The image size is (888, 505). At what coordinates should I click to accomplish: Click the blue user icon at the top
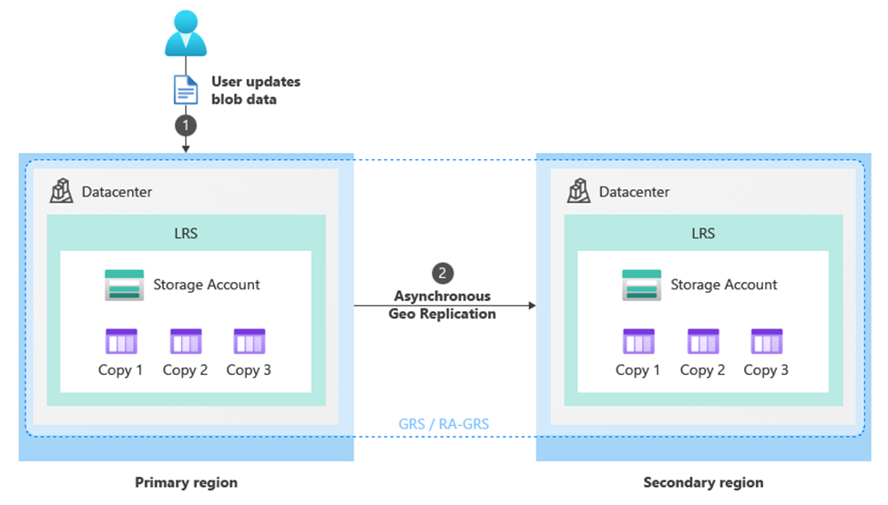pyautogui.click(x=186, y=34)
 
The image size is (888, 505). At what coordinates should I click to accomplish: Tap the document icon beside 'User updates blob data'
pyautogui.click(x=186, y=89)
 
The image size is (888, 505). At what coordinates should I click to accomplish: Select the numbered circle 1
pyautogui.click(x=186, y=123)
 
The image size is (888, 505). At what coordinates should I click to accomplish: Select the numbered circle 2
pyautogui.click(x=442, y=273)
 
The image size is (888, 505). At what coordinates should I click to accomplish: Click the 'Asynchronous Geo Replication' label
pyautogui.click(x=442, y=305)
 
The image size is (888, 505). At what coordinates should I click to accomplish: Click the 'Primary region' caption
pyautogui.click(x=186, y=482)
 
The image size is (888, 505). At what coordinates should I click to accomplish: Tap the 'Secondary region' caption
pyautogui.click(x=703, y=482)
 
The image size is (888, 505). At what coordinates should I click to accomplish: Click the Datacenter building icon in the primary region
pyautogui.click(x=62, y=191)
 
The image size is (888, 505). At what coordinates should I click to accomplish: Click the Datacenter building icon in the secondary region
pyautogui.click(x=579, y=191)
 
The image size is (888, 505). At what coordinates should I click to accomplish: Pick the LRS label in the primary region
pyautogui.click(x=186, y=233)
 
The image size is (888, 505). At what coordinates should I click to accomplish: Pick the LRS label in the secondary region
pyautogui.click(x=703, y=233)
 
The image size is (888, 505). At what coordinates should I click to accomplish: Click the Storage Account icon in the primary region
pyautogui.click(x=123, y=285)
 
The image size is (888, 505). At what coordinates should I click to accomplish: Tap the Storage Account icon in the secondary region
pyautogui.click(x=641, y=285)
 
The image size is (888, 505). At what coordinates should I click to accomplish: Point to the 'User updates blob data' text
pyautogui.click(x=255, y=90)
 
